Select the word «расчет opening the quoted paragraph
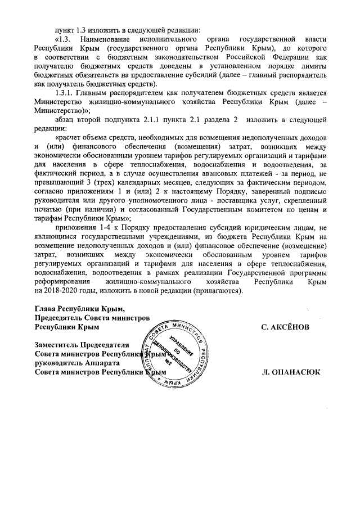(71, 138)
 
